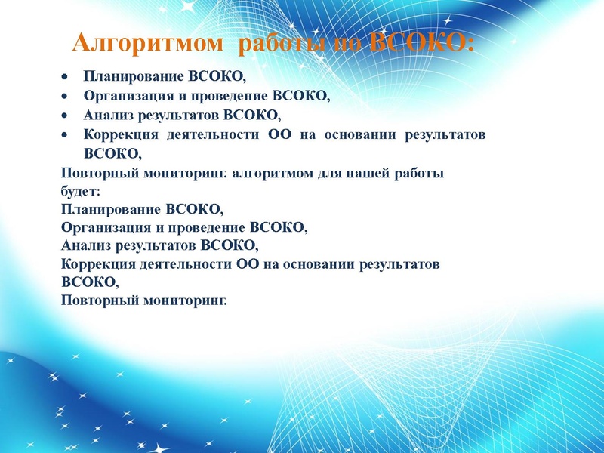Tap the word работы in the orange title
pos(283,43)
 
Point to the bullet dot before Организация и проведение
pos(66,96)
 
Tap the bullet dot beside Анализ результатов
pos(66,116)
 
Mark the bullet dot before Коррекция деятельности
pos(66,135)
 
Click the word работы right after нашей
pos(418,173)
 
